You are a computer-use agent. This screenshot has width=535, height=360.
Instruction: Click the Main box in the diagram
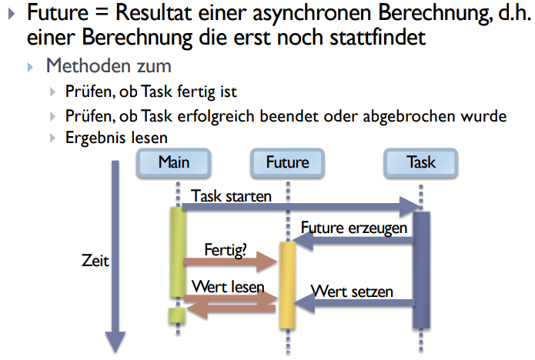(x=173, y=162)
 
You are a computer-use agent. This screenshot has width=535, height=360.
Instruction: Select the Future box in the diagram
(x=287, y=162)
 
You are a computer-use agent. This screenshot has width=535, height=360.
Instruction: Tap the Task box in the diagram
(x=420, y=162)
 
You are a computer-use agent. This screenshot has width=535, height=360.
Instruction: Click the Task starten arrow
(x=300, y=206)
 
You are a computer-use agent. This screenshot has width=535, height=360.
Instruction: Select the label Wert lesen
(x=228, y=287)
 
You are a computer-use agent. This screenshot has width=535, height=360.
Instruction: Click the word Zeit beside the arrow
(x=95, y=261)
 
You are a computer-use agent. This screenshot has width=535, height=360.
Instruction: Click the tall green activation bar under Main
(x=178, y=252)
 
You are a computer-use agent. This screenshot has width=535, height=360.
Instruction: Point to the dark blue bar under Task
(x=421, y=269)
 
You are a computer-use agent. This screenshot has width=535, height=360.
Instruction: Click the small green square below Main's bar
(x=178, y=315)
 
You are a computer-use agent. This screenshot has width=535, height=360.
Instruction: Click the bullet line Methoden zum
(x=108, y=66)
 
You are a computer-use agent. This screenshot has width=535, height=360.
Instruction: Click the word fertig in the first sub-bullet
(x=199, y=92)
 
